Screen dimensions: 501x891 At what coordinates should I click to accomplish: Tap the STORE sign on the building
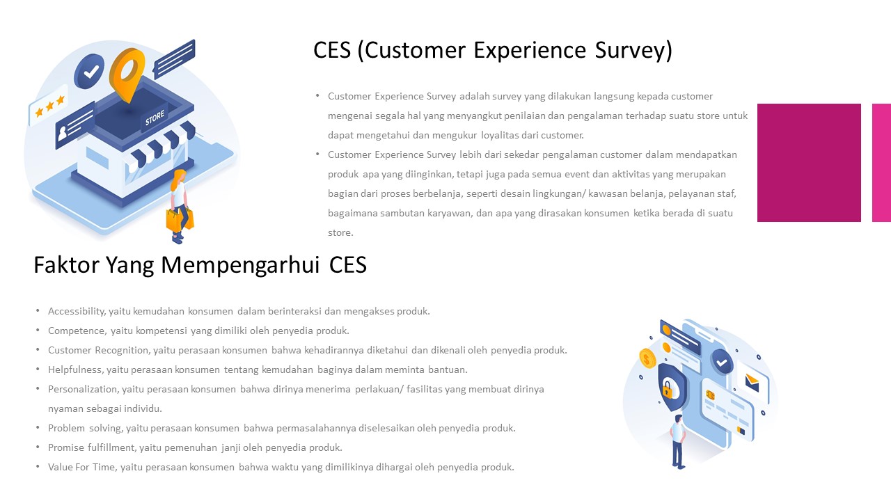pyautogui.click(x=155, y=119)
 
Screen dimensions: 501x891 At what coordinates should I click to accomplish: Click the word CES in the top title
pyautogui.click(x=332, y=50)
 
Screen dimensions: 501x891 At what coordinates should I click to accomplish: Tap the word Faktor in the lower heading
pyautogui.click(x=67, y=265)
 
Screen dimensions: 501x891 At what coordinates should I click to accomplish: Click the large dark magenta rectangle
pyautogui.click(x=809, y=163)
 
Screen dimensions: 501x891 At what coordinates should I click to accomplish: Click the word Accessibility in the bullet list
pyautogui.click(x=77, y=311)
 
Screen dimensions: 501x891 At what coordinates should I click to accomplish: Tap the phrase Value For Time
pyautogui.click(x=81, y=467)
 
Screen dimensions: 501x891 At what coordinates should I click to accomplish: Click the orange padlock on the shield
pyautogui.click(x=667, y=389)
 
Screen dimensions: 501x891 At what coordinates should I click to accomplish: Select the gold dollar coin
pyautogui.click(x=648, y=359)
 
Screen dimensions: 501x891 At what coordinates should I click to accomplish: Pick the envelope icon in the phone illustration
pyautogui.click(x=752, y=381)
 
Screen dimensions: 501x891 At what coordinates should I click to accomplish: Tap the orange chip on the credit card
pyautogui.click(x=710, y=395)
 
